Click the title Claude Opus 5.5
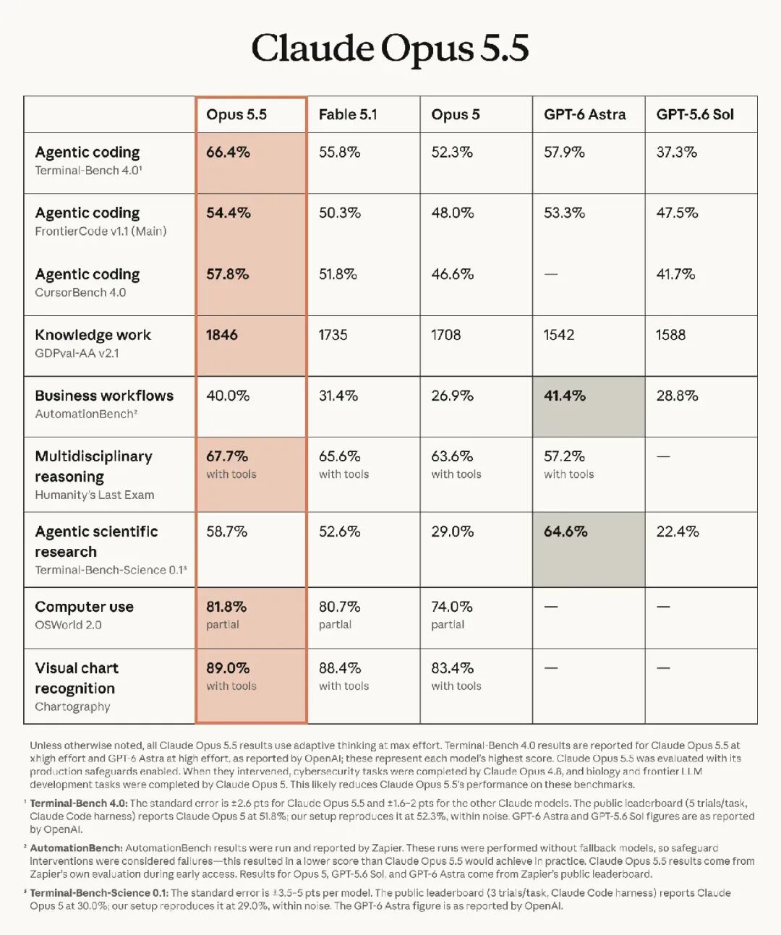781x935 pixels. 390,48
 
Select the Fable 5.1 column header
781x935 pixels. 348,115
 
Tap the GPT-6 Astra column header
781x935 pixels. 585,115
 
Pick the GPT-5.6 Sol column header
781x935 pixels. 695,115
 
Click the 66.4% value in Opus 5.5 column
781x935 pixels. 228,153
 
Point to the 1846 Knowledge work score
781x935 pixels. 222,335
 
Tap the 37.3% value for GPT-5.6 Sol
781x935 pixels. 677,153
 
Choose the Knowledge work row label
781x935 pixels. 93,335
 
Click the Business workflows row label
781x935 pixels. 104,396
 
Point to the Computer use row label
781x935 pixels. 84,607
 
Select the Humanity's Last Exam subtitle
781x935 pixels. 95,495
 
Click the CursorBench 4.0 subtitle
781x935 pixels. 80,292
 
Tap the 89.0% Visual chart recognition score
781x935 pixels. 228,668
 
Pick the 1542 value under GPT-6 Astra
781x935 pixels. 559,335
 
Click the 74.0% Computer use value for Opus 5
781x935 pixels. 452,607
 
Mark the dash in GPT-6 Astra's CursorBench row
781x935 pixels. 551,274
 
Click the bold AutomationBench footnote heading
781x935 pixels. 76,848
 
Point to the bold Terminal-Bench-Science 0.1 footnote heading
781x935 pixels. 99,893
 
